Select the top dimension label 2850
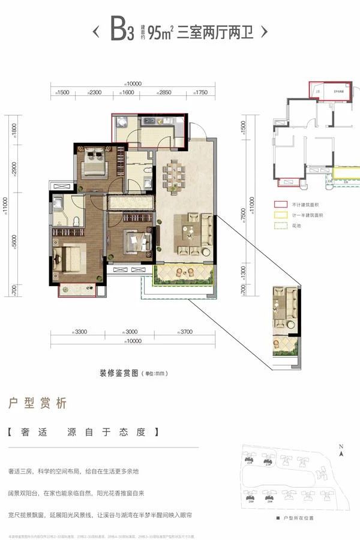[166, 92]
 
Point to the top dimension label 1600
[127, 92]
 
